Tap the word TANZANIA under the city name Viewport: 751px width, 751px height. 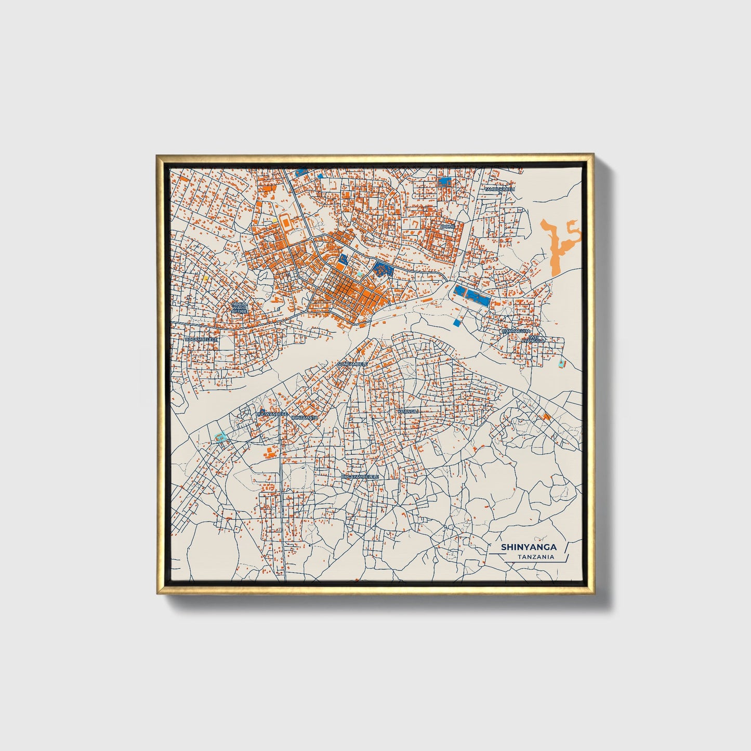[x=535, y=557]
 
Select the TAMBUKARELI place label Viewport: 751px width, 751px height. [x=499, y=190]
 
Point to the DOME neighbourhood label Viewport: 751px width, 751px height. [x=448, y=227]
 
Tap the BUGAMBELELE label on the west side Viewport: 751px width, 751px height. [x=201, y=339]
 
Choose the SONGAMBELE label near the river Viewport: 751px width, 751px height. [x=352, y=364]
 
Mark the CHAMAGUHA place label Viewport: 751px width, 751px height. [x=516, y=331]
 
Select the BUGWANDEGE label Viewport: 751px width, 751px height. [x=272, y=414]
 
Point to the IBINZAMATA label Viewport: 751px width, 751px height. [x=304, y=417]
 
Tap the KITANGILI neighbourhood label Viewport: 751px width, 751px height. [x=407, y=411]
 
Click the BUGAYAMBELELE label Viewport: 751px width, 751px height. [x=360, y=476]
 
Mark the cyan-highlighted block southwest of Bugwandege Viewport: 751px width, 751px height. [x=221, y=437]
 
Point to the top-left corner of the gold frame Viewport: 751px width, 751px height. [x=157, y=156]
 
